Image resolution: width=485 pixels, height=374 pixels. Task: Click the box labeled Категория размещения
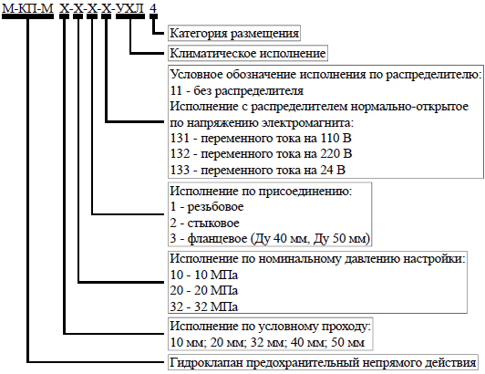coord(234,33)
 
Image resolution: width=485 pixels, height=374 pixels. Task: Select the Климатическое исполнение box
coord(248,53)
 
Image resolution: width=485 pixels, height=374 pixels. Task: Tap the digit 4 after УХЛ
coord(153,8)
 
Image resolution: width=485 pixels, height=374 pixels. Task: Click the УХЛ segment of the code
coord(129,8)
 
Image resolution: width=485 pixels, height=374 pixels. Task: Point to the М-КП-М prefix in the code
coord(28,8)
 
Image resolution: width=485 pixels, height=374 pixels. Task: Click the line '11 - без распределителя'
coord(237,90)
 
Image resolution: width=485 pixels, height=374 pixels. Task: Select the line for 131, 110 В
coord(261,138)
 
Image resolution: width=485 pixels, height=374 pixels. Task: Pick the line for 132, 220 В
coord(261,154)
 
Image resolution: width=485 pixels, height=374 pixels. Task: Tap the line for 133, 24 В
coord(258,170)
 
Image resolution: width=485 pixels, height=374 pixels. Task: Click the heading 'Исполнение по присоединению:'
coord(261,191)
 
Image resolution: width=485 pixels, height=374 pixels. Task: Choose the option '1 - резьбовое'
coord(207,207)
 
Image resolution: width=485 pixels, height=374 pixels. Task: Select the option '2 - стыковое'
coord(204,223)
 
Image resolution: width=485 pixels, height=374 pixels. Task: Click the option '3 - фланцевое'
coord(270,239)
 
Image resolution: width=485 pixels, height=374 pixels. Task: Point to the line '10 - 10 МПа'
coord(204,275)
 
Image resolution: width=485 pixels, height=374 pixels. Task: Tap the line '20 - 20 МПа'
coord(204,290)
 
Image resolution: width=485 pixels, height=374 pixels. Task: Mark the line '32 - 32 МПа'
coord(204,306)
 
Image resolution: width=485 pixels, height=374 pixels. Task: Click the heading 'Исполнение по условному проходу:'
coord(271,326)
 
